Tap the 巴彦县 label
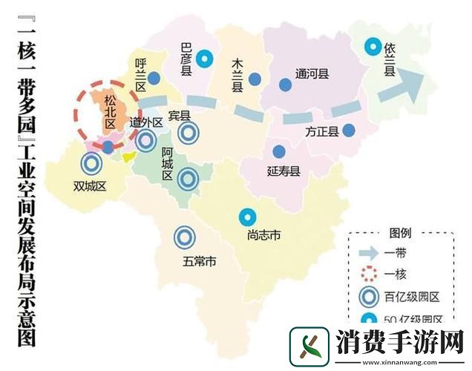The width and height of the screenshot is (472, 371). click(187, 59)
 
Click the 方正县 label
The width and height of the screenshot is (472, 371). click(322, 132)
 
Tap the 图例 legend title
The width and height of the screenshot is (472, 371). click(400, 233)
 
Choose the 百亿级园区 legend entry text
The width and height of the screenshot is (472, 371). click(413, 297)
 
